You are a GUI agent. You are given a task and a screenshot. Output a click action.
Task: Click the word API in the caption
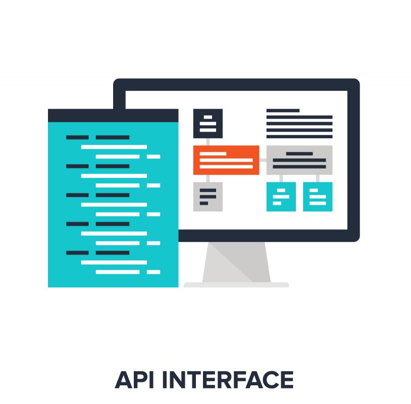point(134,379)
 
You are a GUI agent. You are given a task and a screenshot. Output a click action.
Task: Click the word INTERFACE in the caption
point(228,379)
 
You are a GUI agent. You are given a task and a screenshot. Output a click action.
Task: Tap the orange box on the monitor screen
point(226,160)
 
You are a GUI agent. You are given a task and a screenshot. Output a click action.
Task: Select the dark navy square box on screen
point(208,124)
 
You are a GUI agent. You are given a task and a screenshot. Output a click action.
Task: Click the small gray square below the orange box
point(208,196)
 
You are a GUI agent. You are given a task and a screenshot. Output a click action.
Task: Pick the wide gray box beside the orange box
point(299,160)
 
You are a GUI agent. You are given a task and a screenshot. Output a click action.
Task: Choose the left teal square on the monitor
point(281,196)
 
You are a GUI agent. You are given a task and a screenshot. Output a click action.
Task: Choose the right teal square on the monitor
point(318,196)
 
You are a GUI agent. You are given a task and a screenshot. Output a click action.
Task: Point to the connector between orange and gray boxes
point(263,160)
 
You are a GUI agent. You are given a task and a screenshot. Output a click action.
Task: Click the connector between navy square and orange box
point(208,142)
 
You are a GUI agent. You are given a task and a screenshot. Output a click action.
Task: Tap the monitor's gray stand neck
point(236,262)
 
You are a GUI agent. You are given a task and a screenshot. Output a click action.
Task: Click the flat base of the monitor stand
point(236,285)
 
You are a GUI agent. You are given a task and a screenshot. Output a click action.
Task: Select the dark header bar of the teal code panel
point(113,115)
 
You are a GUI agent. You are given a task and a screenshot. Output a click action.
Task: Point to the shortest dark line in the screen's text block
point(283,111)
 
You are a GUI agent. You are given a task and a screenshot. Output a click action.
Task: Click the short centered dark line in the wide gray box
point(299,154)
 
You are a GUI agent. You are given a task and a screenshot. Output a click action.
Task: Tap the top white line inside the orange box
point(213,154)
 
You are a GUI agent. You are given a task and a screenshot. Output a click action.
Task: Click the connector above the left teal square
point(281,178)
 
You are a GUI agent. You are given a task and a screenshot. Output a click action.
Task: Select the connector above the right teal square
point(318,178)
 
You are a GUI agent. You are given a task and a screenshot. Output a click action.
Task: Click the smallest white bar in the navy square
point(208,117)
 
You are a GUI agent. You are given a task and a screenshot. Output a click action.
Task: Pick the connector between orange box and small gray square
point(208,178)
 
